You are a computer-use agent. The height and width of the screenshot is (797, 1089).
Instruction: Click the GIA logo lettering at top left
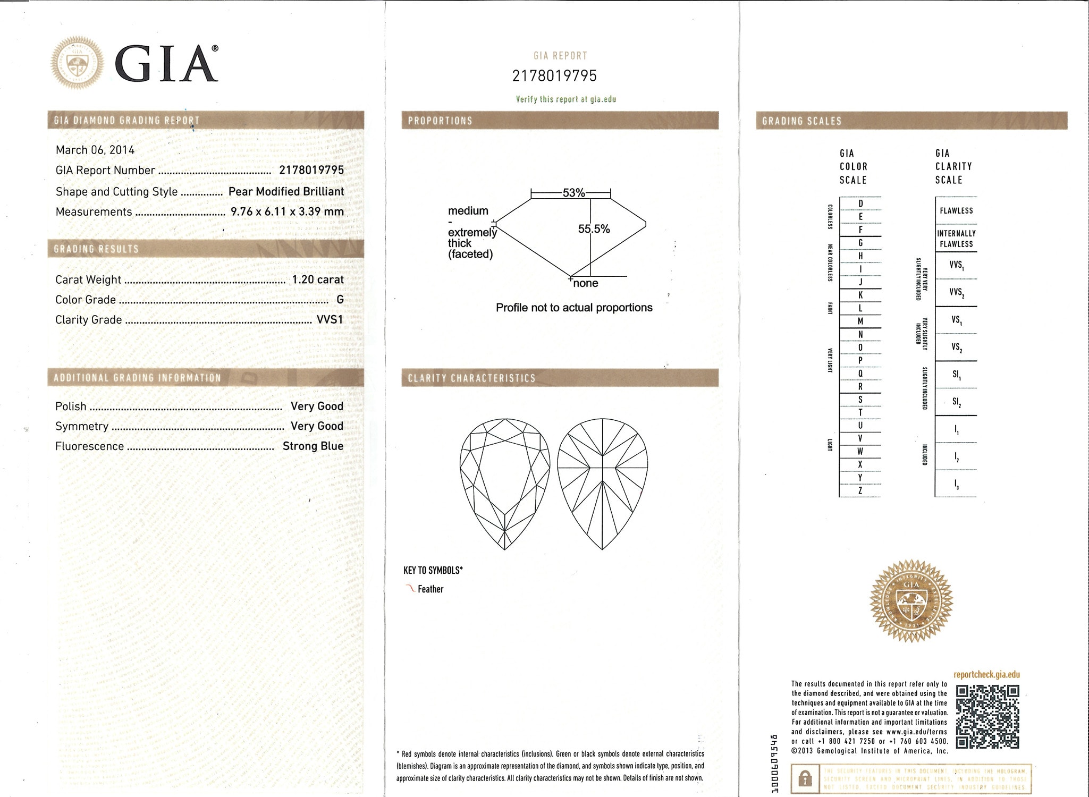(x=166, y=63)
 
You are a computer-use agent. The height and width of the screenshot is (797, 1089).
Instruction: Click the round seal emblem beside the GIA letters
(x=78, y=63)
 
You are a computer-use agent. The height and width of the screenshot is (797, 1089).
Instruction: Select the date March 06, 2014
(x=95, y=150)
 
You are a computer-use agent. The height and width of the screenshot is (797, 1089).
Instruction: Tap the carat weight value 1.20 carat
(x=318, y=279)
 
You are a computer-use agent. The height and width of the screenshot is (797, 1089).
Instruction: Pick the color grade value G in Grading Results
(x=340, y=300)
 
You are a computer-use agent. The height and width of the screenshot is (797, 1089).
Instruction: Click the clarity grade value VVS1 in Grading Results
(x=330, y=320)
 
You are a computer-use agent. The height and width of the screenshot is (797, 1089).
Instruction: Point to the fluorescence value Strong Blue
(x=313, y=446)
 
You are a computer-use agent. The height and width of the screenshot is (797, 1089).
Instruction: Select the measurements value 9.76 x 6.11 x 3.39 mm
(x=287, y=211)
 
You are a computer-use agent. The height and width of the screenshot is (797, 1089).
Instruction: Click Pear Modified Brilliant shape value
(x=286, y=191)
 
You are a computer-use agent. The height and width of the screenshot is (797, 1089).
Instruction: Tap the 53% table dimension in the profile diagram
(x=573, y=193)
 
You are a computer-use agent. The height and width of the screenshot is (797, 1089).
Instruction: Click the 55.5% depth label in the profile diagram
(x=594, y=229)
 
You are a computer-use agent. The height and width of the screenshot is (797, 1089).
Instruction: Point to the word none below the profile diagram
(x=586, y=284)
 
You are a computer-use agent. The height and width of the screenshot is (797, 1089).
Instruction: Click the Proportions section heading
(x=440, y=121)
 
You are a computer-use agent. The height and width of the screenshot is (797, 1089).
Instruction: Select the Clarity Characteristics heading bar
(x=560, y=378)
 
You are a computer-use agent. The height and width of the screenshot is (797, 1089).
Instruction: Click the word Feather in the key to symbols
(x=430, y=589)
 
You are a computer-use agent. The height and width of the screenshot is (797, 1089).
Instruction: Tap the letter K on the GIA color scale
(x=860, y=295)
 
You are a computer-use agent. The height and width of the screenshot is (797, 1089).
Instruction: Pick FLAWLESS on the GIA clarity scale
(x=956, y=210)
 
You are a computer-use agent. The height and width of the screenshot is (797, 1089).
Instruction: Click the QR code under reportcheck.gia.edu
(x=987, y=717)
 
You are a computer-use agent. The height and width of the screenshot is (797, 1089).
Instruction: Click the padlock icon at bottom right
(x=805, y=779)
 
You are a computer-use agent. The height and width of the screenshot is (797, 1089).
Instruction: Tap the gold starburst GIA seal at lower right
(x=911, y=600)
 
